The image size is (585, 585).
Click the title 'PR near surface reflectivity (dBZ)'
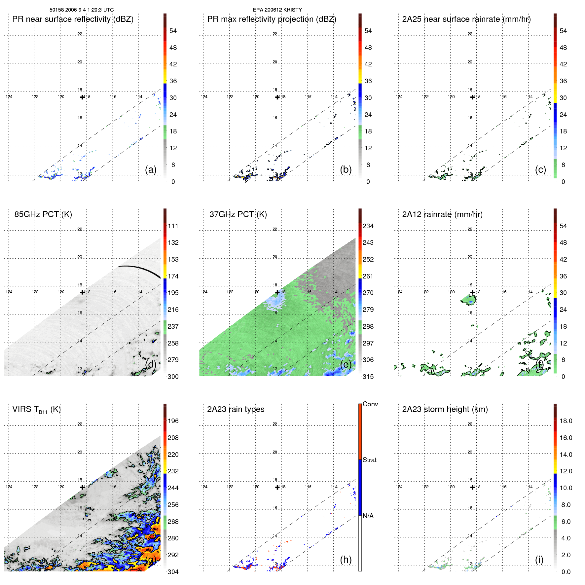(73, 19)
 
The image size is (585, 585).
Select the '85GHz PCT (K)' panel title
(43, 214)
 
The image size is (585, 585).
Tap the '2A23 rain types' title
(236, 409)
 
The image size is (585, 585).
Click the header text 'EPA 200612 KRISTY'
(277, 10)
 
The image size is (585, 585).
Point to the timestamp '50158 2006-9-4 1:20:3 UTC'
(82, 10)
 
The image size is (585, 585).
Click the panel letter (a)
(151, 169)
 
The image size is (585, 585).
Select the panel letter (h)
(346, 560)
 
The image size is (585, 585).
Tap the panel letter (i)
(539, 560)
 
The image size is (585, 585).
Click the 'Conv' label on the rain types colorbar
(370, 404)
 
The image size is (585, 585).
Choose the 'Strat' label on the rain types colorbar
(369, 460)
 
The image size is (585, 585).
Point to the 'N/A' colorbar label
(368, 516)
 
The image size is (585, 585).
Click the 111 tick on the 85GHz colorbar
(173, 226)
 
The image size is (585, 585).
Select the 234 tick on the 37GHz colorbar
(368, 226)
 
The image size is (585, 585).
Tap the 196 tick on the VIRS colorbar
(173, 421)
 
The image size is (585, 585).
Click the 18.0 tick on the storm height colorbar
(566, 421)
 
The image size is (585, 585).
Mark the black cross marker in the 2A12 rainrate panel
(473, 292)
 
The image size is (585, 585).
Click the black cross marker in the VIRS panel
(83, 487)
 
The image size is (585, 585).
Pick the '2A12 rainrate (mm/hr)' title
(442, 214)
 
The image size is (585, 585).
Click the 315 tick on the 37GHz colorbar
(368, 377)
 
